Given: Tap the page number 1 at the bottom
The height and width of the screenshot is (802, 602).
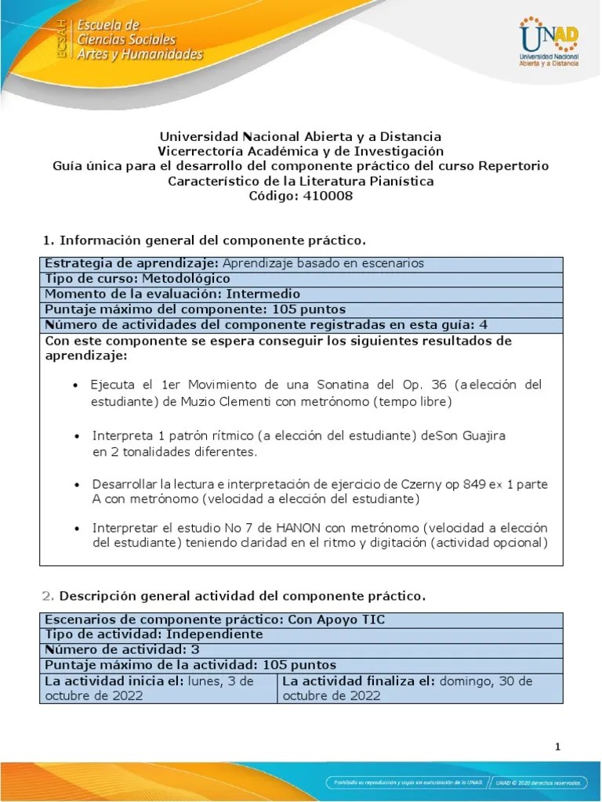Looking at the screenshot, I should click(557, 746).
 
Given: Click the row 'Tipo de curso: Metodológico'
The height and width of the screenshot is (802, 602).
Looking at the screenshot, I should click(137, 279).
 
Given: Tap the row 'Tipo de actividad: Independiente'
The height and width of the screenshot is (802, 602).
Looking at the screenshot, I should click(154, 634).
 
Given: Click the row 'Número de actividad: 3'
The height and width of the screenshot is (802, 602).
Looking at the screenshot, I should click(126, 649).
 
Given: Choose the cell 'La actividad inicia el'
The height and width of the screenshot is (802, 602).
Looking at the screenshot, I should click(158, 688).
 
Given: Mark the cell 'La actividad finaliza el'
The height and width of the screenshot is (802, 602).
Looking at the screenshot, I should click(419, 688).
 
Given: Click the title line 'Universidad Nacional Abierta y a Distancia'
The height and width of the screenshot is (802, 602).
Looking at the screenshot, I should click(300, 136).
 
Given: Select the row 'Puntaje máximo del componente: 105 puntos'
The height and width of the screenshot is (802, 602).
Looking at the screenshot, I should click(195, 309).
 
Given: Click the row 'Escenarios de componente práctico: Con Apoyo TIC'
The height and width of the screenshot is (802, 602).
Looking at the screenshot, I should click(215, 620).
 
